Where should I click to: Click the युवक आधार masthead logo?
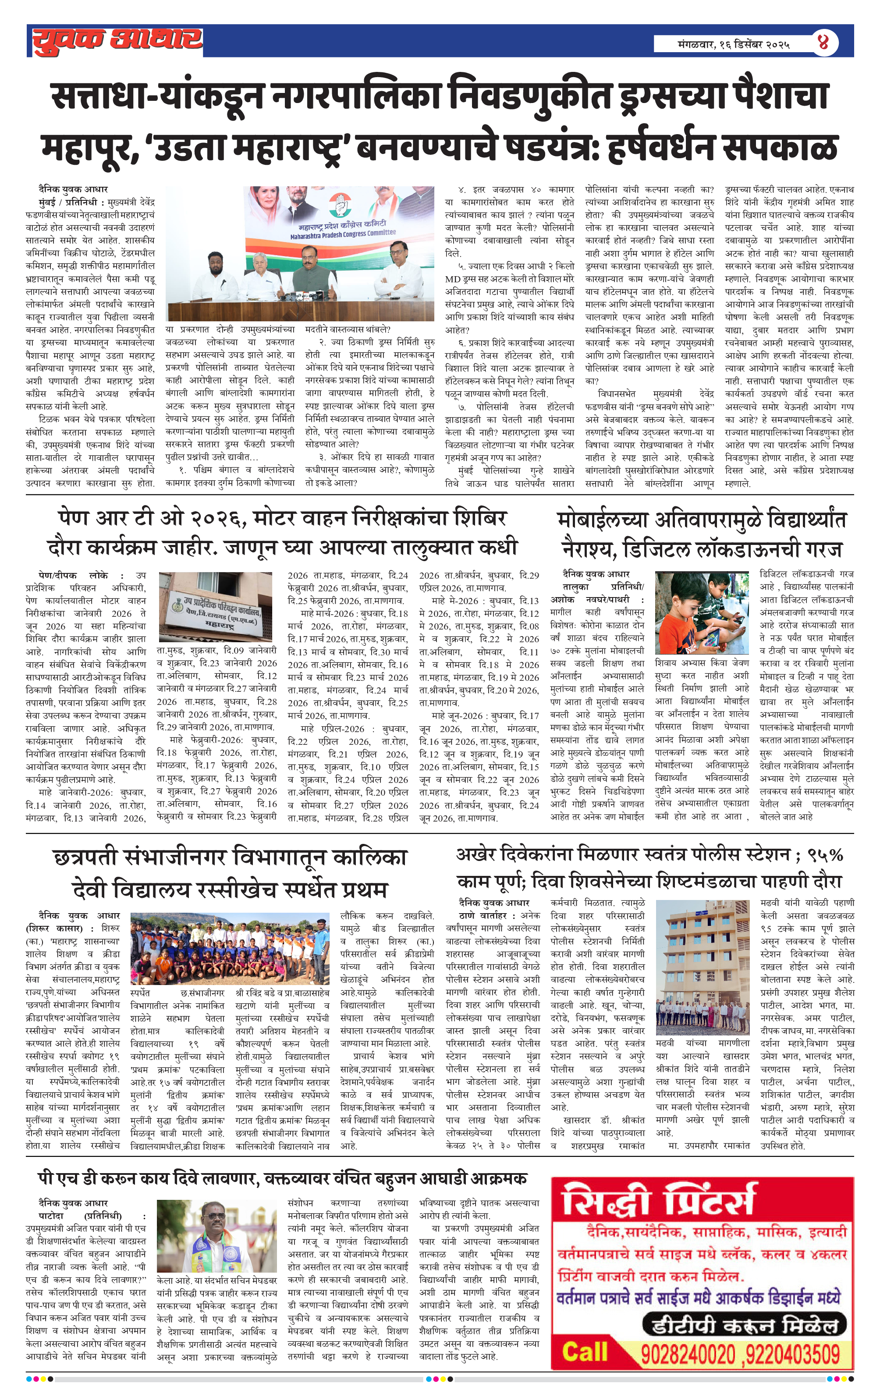coord(116,41)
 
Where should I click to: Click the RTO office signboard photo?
coord(215,605)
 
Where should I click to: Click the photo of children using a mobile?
coord(701,612)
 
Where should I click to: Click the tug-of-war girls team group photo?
coord(231,949)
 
